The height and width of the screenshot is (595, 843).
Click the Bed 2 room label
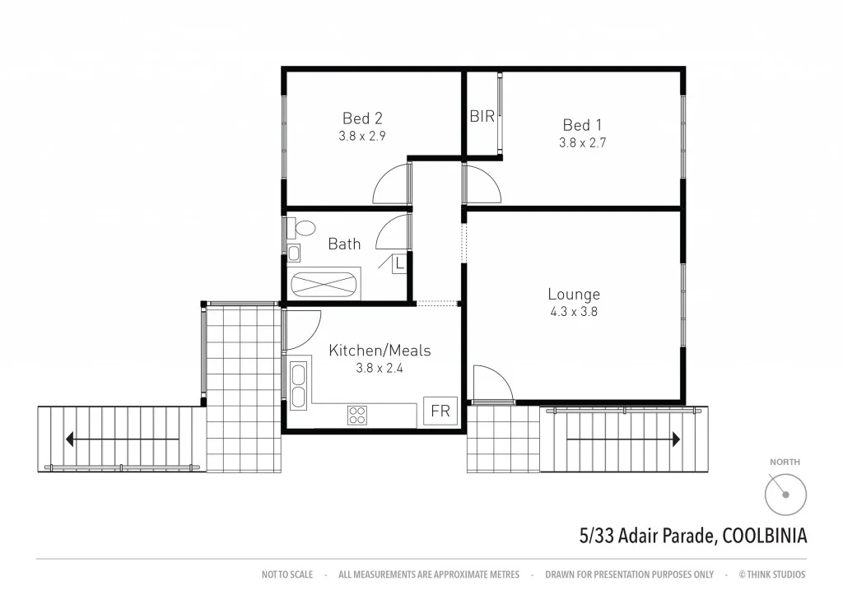point(362,119)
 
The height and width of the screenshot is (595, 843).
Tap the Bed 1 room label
point(582,124)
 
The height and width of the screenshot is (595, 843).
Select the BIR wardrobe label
point(482,116)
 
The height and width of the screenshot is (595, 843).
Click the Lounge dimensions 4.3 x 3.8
point(574,312)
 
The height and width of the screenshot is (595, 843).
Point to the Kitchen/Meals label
point(380,351)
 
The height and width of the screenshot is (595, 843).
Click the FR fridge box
point(440,411)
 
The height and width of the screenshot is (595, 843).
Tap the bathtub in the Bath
point(324,284)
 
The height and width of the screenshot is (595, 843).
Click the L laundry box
point(399,264)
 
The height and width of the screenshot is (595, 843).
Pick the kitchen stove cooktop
point(357,415)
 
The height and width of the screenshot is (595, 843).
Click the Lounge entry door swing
point(492,384)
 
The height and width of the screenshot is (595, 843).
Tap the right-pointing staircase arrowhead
point(675,439)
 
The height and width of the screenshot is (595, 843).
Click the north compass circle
point(785,495)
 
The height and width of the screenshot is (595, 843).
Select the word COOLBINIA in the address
point(764,536)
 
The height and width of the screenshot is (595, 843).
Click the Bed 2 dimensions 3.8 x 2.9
point(362,137)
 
